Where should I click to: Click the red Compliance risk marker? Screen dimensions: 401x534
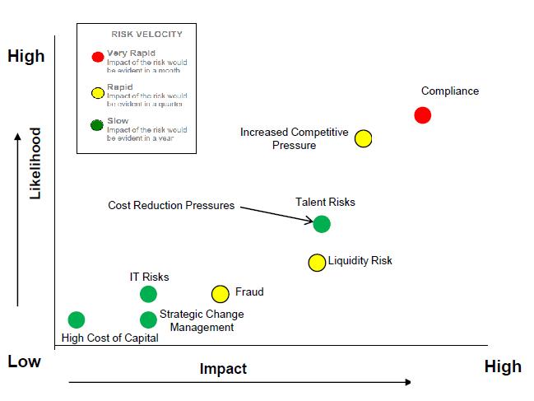(422, 115)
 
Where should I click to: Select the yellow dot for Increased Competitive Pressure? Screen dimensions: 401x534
(364, 138)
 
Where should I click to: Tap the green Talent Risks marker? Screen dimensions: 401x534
(322, 223)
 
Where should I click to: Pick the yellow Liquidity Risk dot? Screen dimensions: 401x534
(317, 263)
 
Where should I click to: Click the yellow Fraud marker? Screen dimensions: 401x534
(220, 294)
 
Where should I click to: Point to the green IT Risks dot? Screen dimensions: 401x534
(148, 294)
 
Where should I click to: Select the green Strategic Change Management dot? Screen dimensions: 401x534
(148, 319)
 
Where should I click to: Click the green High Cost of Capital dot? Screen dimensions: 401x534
(77, 319)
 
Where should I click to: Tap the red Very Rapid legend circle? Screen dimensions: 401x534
(98, 58)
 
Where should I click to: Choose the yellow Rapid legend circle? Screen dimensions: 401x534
(98, 91)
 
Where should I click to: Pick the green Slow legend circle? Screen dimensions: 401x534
(98, 125)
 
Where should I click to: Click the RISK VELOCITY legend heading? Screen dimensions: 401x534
(146, 35)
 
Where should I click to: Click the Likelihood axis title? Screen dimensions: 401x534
(35, 163)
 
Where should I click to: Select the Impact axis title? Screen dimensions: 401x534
(223, 369)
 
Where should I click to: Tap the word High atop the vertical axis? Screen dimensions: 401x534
(26, 57)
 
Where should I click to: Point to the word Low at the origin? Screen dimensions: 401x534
(24, 361)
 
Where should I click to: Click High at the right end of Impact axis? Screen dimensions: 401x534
(502, 366)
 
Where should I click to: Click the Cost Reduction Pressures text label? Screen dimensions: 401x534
(171, 205)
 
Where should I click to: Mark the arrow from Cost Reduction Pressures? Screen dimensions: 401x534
(276, 213)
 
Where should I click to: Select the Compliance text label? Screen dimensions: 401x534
(449, 91)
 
